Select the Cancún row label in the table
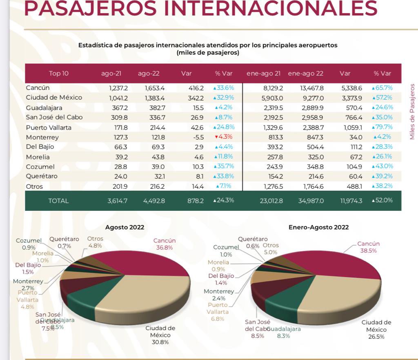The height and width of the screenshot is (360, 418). pos(38,88)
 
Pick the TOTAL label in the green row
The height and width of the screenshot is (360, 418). pos(58,201)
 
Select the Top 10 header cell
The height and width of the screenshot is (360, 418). pos(58,74)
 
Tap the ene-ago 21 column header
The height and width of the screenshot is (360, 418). pos(263,74)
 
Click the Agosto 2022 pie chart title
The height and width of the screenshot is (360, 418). pos(125,227)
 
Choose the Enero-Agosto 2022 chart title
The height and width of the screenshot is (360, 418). pos(318,227)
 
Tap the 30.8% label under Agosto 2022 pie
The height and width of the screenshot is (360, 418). pos(160,342)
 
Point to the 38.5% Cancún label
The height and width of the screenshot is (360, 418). pos(368,250)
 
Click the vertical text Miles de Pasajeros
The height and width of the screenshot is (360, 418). pos(412,111)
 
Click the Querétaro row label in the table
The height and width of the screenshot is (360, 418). pos(42,176)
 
